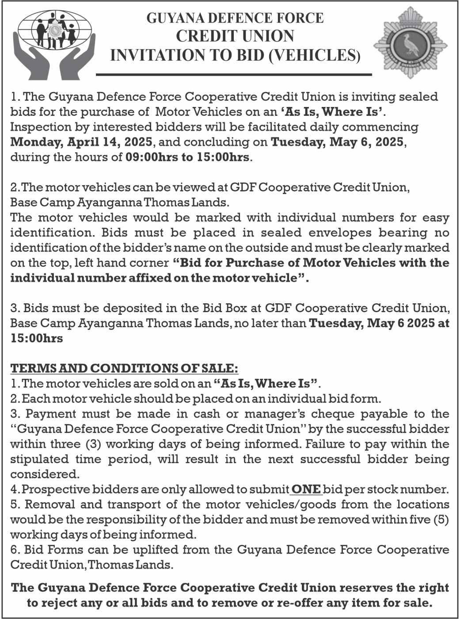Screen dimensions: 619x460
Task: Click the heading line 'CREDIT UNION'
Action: click(235, 36)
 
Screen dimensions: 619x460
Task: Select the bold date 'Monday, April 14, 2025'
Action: click(81, 142)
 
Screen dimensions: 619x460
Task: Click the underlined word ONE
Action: click(306, 489)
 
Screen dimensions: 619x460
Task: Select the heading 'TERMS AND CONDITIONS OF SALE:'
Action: click(124, 368)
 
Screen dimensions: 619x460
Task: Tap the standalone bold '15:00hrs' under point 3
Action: click(36, 338)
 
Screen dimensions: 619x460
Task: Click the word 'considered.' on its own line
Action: click(45, 474)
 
